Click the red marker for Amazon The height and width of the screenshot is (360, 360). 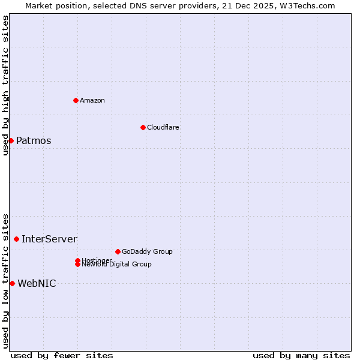pos(76,100)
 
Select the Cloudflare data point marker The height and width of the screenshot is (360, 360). pos(143,127)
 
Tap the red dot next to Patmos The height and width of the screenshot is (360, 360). pos(11,140)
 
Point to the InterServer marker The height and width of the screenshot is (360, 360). pos(16,239)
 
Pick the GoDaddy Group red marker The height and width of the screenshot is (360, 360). pos(118,251)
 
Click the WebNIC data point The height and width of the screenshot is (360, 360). pos(12,283)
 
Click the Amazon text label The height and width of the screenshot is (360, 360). pos(92,100)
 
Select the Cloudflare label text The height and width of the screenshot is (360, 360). pos(163,127)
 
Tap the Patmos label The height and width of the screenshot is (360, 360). pos(34,141)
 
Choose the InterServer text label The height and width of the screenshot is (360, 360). pos(49,239)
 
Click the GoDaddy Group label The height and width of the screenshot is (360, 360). pos(147,251)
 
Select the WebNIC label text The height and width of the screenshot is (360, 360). pos(37,284)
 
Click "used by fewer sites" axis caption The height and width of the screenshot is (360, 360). pos(62,355)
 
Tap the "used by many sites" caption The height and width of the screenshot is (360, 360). pos(301,355)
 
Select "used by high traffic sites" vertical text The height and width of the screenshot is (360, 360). pos(5,85)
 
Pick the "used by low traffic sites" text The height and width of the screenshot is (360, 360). pos(5,281)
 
